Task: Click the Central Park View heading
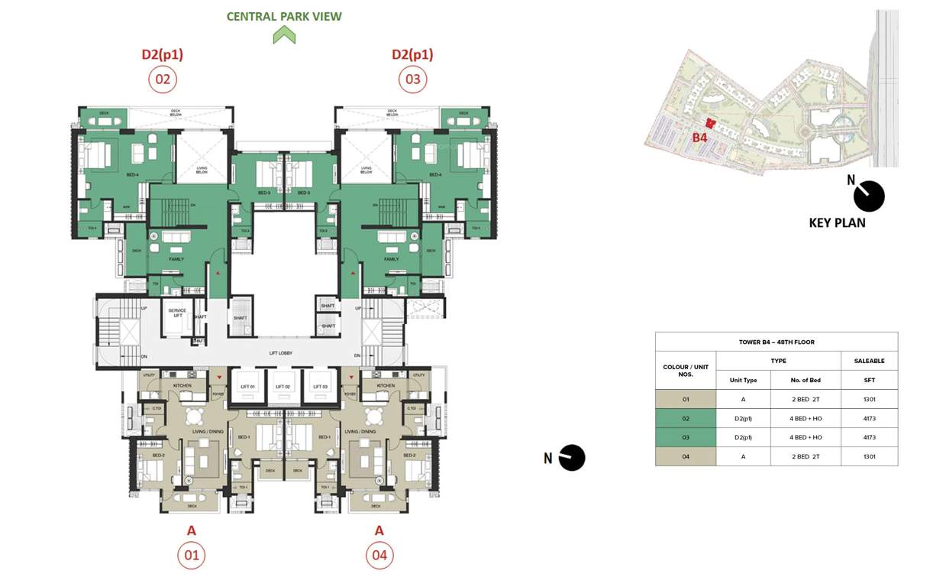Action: pos(284,16)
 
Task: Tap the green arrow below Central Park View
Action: pos(284,35)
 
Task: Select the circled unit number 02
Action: pos(163,79)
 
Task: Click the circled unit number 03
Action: pos(412,79)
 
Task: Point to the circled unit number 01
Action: pos(191,555)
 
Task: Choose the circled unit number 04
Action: pos(379,555)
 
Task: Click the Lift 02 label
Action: pos(283,388)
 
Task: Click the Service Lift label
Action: pos(177,313)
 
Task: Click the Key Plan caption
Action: pos(837,223)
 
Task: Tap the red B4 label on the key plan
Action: pos(699,138)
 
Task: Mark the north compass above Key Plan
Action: pos(868,196)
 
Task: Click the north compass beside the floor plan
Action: pos(571,458)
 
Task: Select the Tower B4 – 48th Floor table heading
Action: pos(776,342)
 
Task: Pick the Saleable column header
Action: pos(869,361)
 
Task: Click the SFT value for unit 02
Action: pos(869,418)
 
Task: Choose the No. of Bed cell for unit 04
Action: pos(806,456)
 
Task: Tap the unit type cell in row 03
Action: pos(743,437)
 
